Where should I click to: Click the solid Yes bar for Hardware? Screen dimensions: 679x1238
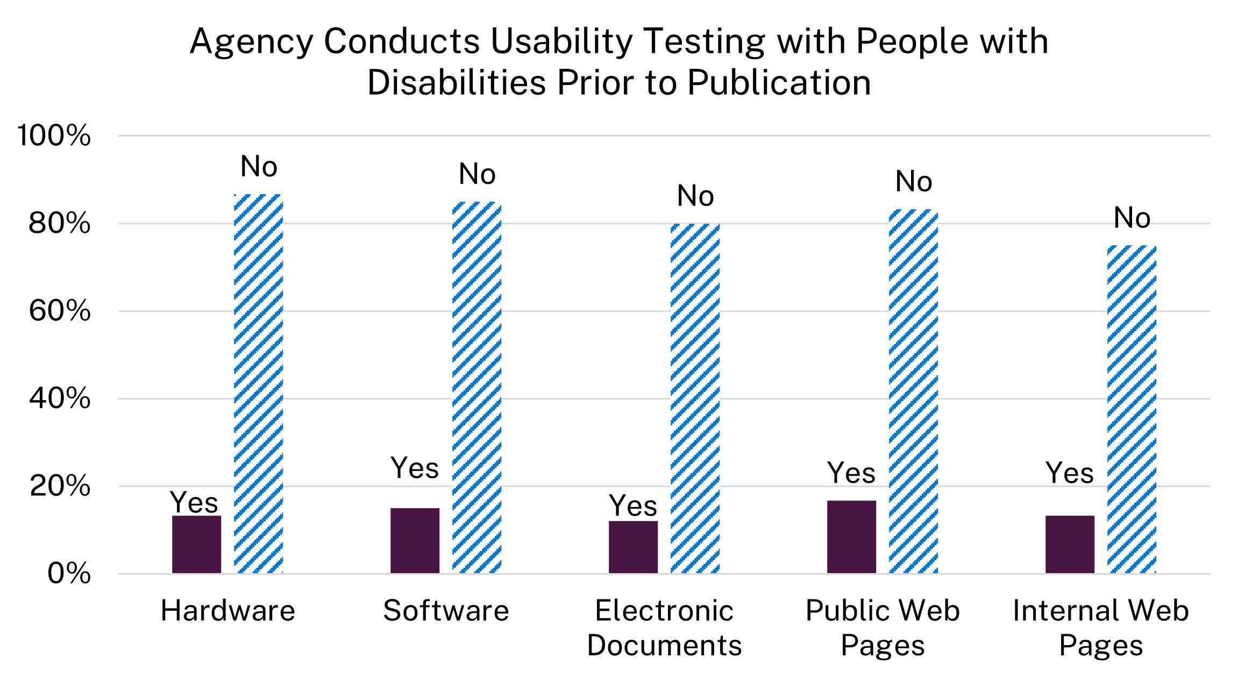click(x=196, y=544)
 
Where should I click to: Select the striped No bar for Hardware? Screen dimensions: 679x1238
click(x=258, y=384)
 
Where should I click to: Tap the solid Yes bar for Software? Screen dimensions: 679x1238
click(x=415, y=540)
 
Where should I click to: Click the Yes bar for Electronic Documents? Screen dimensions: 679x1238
click(x=633, y=547)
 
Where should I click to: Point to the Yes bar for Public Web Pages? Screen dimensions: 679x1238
click(x=851, y=537)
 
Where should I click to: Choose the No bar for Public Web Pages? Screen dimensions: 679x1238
click(x=913, y=391)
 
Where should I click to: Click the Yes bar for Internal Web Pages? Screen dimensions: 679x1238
click(x=1070, y=544)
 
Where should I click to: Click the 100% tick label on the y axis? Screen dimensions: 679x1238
click(x=54, y=135)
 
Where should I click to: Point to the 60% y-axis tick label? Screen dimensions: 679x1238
click(x=59, y=311)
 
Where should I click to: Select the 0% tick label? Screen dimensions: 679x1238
click(x=69, y=574)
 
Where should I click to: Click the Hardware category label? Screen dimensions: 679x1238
click(x=227, y=611)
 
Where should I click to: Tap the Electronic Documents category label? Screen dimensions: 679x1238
click(x=664, y=628)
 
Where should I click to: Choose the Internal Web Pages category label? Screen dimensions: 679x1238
click(x=1101, y=628)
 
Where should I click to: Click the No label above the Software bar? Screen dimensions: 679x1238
click(x=476, y=174)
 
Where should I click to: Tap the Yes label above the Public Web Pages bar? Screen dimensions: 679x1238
click(x=851, y=473)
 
